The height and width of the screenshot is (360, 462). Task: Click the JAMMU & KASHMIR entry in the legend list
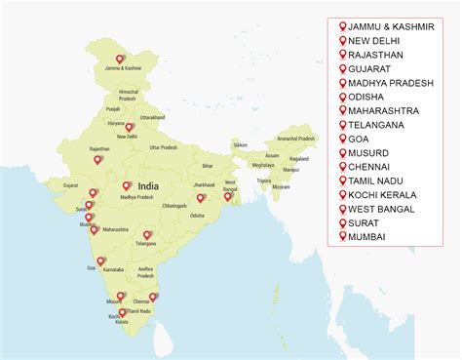click(392, 26)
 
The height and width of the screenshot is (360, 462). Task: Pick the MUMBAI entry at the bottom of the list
click(368, 237)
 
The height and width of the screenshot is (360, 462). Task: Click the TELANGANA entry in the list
click(381, 125)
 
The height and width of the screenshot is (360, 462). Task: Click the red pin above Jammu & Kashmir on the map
click(121, 59)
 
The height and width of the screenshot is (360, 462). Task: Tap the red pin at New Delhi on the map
click(129, 127)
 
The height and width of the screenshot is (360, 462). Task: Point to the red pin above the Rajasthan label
click(98, 160)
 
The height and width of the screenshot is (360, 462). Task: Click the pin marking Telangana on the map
click(147, 235)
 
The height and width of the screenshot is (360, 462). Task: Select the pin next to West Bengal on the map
click(227, 196)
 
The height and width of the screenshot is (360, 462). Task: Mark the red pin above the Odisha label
click(200, 198)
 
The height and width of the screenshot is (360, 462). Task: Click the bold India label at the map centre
click(148, 185)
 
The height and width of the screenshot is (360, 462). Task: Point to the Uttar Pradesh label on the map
click(163, 147)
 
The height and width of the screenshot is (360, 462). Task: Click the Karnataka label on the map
click(114, 267)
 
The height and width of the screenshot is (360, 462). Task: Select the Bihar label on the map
click(208, 167)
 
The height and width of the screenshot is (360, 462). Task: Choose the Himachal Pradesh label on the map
click(128, 95)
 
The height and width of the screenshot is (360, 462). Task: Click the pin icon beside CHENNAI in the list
click(342, 167)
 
